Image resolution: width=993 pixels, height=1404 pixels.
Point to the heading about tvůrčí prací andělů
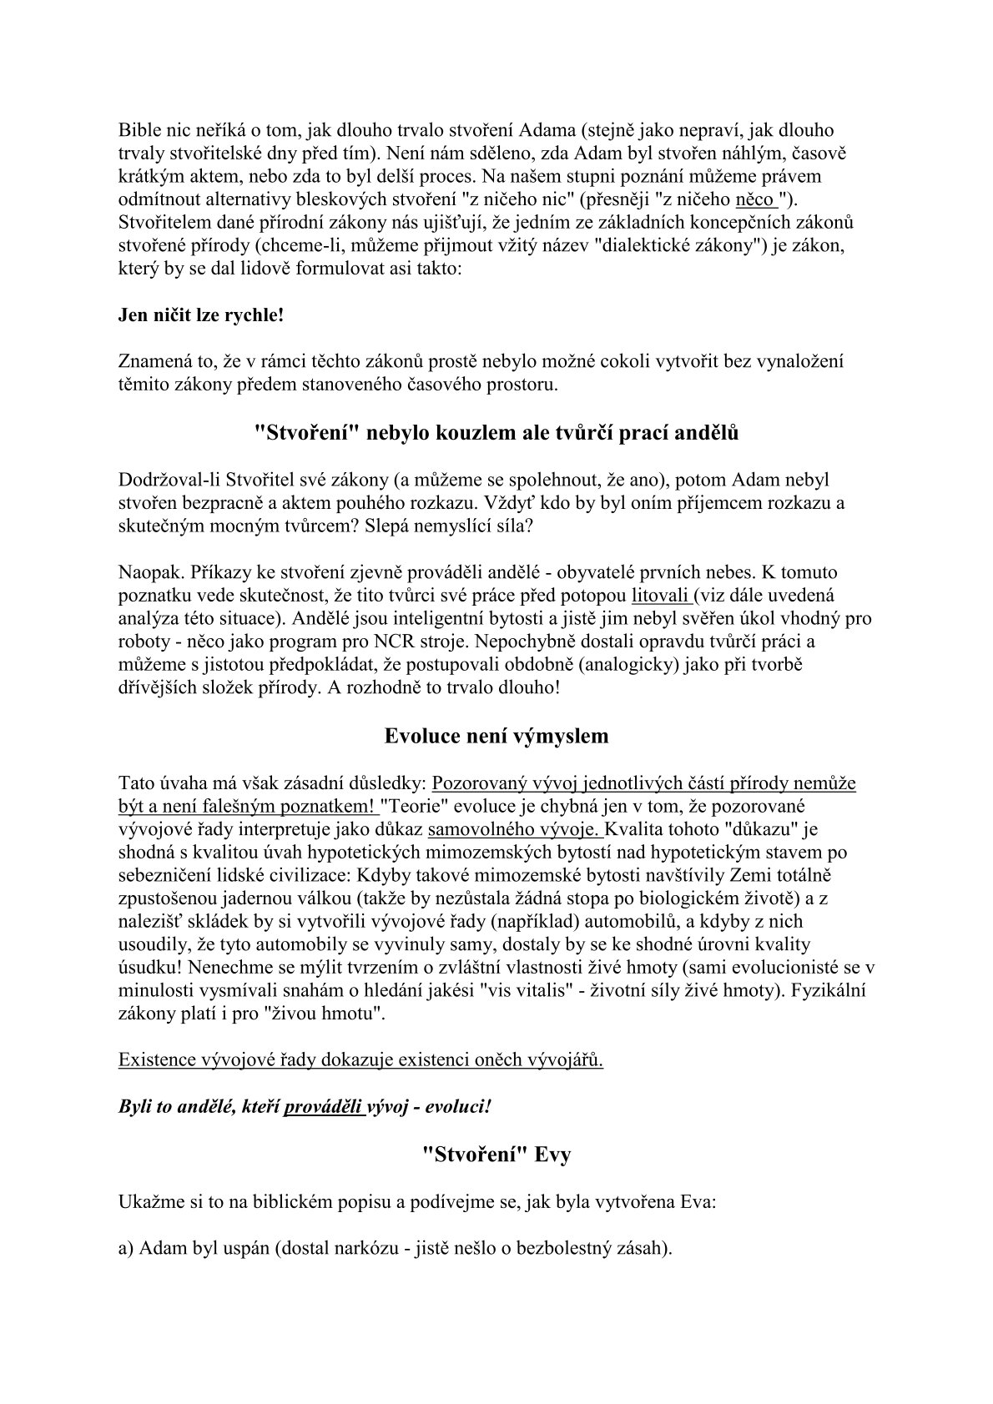pyautogui.click(x=496, y=433)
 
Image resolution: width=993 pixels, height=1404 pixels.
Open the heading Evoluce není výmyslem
pyautogui.click(x=496, y=736)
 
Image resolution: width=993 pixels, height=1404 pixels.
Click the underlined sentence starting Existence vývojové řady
pyautogui.click(x=360, y=1060)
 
